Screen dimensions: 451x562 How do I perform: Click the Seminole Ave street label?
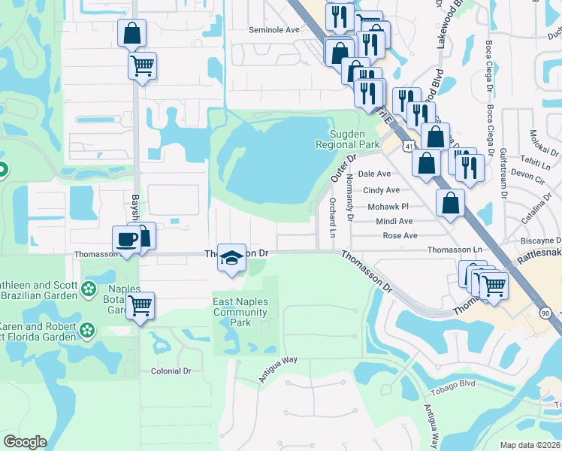[x=274, y=30]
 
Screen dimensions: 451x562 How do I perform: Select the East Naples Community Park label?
[x=241, y=311]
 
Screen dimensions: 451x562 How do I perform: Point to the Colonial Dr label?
[x=171, y=371]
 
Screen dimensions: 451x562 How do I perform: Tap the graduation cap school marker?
[x=232, y=256]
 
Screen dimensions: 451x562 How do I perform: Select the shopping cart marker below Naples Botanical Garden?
[x=140, y=305]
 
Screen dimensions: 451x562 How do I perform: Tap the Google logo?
[x=25, y=441]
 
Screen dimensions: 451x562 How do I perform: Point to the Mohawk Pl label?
[x=387, y=206]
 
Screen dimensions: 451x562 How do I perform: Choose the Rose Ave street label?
[x=400, y=236]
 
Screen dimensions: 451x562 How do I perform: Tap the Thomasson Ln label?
[x=454, y=250]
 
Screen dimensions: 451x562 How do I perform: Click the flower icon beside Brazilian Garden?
[x=89, y=288]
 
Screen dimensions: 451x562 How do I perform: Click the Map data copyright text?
[x=530, y=445]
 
